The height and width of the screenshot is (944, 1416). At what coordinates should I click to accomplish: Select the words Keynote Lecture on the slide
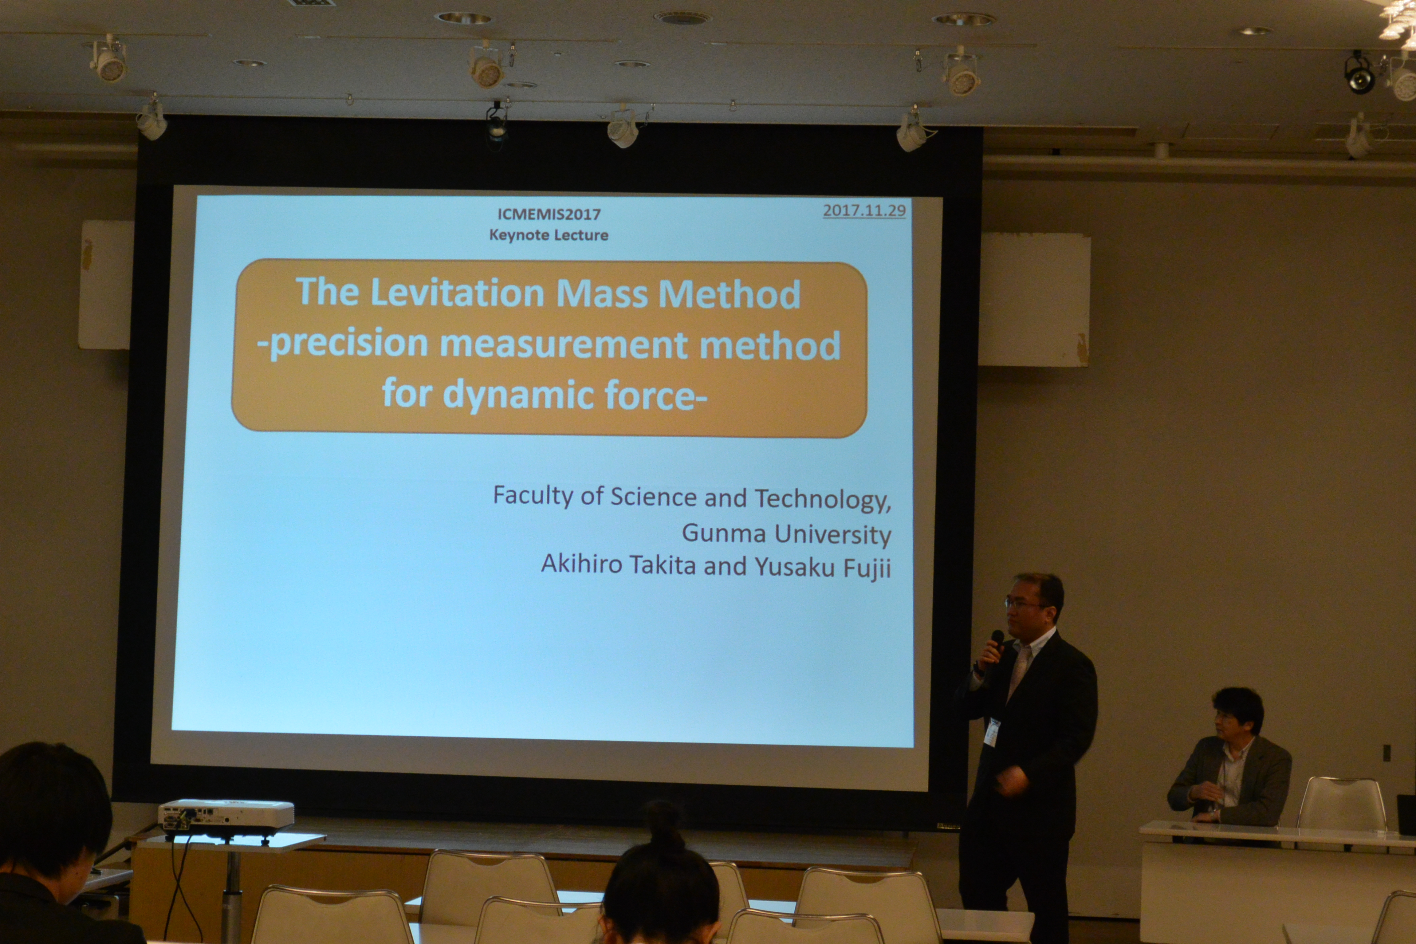[x=549, y=235]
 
